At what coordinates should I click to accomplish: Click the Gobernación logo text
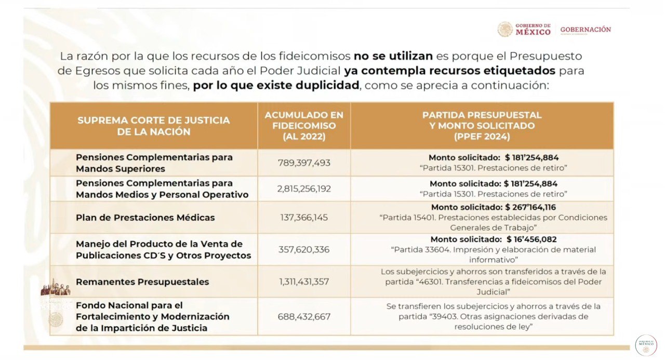[586, 30]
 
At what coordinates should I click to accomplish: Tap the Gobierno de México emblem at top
[505, 29]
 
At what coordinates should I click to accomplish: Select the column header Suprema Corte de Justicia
[153, 126]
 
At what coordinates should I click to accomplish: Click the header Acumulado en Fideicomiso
[304, 126]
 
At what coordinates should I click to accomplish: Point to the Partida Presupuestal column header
[482, 126]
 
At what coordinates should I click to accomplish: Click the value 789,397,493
[304, 163]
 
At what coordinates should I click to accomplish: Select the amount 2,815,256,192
[304, 189]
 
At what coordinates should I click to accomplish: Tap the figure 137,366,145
[304, 218]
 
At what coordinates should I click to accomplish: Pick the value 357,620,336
[304, 250]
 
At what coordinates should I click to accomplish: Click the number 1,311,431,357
[304, 282]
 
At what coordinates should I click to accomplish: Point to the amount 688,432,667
[304, 316]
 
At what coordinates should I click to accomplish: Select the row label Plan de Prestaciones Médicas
[145, 218]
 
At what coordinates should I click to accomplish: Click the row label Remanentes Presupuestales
[142, 282]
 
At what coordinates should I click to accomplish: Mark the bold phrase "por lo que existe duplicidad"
[276, 85]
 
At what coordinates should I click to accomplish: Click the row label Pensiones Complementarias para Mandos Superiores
[154, 163]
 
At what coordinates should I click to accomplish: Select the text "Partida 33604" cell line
[493, 250]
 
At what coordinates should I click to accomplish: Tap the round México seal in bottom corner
[646, 345]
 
